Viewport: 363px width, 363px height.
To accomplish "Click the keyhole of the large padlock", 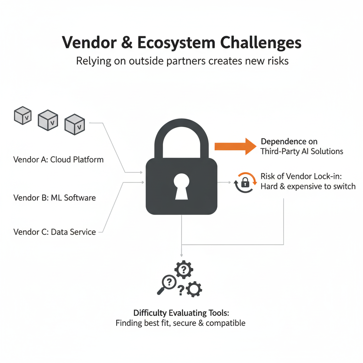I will click(x=181, y=186).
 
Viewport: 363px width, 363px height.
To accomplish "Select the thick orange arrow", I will click(x=235, y=146).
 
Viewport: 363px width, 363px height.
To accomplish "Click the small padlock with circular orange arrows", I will click(x=245, y=182).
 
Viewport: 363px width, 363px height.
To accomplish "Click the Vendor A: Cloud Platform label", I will click(x=58, y=160).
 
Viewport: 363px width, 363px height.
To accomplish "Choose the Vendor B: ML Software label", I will click(x=55, y=197).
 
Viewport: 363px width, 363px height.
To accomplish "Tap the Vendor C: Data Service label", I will click(x=55, y=232).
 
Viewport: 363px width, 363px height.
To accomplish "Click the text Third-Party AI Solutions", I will click(x=302, y=151).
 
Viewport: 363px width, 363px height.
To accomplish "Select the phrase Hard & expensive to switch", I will click(x=308, y=186).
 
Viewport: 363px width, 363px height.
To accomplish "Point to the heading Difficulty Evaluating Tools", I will click(x=181, y=313).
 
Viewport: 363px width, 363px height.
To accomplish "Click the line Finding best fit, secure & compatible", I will click(x=180, y=323).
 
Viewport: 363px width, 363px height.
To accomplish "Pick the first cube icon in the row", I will click(x=23, y=116).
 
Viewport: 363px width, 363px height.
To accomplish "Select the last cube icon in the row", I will click(x=75, y=124).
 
